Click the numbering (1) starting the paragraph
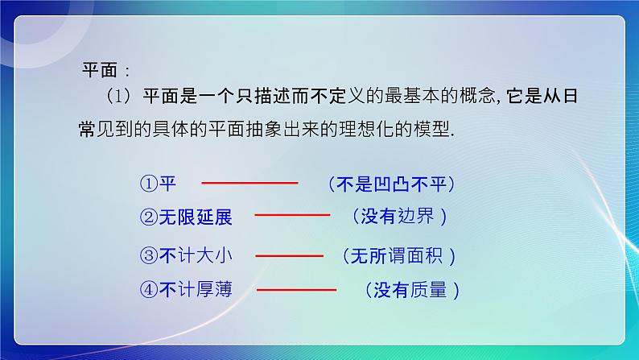[117, 97]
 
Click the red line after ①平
[249, 184]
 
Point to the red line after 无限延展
[292, 215]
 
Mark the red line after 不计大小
[288, 255]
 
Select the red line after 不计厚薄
[296, 288]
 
